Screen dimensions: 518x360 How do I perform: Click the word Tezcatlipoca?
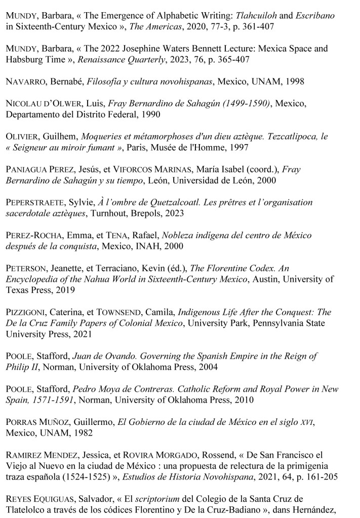(288, 136)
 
